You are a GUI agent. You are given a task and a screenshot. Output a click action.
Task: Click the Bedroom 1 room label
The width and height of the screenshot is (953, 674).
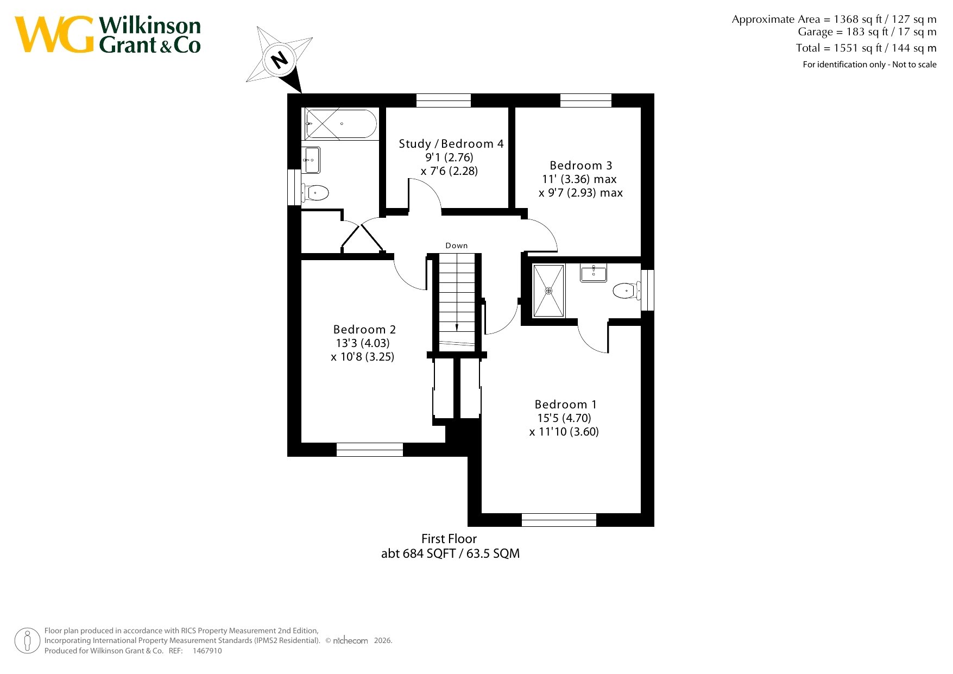tap(565, 405)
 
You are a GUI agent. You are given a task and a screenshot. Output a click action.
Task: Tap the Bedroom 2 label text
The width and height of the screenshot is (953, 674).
tap(364, 330)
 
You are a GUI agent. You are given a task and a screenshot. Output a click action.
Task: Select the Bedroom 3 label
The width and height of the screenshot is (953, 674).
tap(580, 166)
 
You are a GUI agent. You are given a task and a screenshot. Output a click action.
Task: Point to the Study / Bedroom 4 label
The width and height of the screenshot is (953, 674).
tap(451, 144)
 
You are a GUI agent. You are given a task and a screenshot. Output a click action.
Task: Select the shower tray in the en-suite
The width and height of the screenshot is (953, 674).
tap(548, 291)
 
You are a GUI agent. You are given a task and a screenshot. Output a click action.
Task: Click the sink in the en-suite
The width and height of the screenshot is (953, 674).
tap(594, 273)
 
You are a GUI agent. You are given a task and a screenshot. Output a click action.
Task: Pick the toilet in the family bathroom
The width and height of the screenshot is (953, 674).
tap(315, 193)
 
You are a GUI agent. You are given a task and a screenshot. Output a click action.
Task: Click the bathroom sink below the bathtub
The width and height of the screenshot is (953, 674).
tap(311, 160)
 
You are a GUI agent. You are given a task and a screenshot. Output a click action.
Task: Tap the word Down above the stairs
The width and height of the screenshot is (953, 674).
tap(457, 245)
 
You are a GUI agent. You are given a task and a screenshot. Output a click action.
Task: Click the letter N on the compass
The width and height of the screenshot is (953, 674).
tap(280, 59)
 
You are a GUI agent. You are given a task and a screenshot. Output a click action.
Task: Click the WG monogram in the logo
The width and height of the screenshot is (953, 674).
tap(54, 35)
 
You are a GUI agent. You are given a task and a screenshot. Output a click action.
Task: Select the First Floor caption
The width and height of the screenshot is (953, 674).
tap(449, 539)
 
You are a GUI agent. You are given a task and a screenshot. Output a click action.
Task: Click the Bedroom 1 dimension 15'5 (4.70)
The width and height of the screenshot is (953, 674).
tap(564, 418)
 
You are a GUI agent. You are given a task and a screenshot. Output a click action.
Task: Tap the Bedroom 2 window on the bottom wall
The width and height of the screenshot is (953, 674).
tap(370, 450)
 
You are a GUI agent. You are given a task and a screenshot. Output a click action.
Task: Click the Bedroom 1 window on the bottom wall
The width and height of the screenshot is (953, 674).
tap(559, 520)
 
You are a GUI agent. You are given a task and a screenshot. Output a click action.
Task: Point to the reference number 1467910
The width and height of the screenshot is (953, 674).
tap(207, 651)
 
